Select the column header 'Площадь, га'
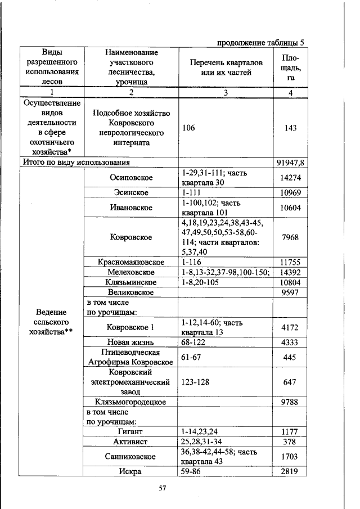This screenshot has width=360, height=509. point(290,67)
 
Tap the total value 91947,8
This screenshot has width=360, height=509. point(290,163)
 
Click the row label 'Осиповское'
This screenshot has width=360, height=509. point(130,178)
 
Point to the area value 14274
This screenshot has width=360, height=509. point(290,178)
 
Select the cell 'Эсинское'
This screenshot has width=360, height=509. point(130,193)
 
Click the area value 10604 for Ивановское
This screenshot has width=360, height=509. point(290,208)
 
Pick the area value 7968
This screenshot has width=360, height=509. point(290,237)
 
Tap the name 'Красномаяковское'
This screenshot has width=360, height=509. point(130,262)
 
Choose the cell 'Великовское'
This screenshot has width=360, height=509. point(130,292)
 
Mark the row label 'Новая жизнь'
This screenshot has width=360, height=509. point(130,342)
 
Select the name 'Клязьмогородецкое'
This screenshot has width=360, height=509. point(130,402)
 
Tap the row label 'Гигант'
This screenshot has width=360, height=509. point(130,431)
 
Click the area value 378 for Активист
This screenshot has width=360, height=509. point(290,442)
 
